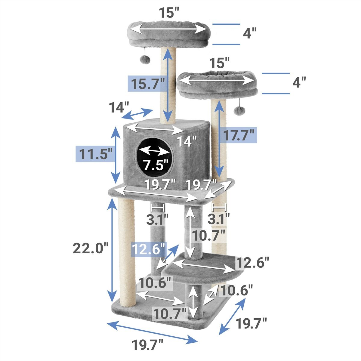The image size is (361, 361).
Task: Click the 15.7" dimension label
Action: click(148, 84)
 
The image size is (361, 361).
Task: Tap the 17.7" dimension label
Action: click(239, 135)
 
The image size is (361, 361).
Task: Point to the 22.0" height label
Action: click(91, 248)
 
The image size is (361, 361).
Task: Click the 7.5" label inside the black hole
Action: click(156, 165)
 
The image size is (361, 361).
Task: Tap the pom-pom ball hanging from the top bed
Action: click(145, 60)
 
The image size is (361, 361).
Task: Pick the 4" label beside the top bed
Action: click(249, 33)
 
